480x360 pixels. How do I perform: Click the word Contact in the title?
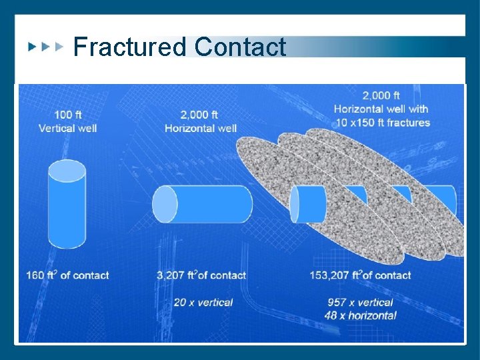(x=241, y=47)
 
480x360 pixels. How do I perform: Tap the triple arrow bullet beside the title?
(x=45, y=47)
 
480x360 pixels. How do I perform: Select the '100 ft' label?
(x=68, y=115)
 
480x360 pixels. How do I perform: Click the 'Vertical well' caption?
(x=68, y=128)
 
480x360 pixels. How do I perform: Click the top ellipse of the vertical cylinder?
(x=67, y=171)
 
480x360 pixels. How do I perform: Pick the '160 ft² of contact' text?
(x=68, y=275)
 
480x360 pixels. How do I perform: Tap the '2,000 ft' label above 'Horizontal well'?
(x=200, y=115)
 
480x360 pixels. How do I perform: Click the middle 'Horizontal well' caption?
(x=200, y=128)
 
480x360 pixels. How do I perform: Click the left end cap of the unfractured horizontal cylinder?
(x=165, y=204)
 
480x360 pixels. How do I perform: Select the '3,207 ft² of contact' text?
(x=201, y=275)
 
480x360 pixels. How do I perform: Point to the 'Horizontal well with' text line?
(x=381, y=109)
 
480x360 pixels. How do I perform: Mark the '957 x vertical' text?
(x=361, y=302)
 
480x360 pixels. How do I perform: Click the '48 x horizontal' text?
(x=361, y=315)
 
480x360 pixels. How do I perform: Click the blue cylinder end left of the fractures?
(x=304, y=204)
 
